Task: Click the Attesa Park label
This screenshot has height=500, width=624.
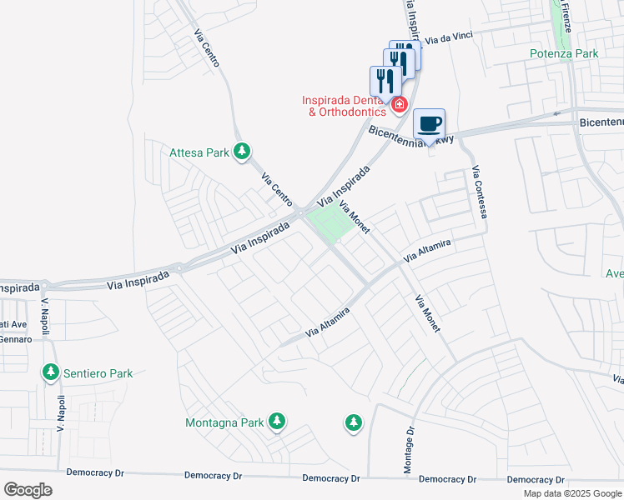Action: (199, 153)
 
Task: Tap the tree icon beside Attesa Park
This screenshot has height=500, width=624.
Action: (242, 152)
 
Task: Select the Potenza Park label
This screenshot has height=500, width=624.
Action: (564, 54)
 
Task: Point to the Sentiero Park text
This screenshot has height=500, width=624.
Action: (98, 373)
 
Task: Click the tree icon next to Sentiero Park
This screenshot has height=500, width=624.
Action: (52, 372)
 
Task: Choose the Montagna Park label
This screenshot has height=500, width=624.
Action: (224, 422)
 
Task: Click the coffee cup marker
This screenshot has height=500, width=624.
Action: (429, 124)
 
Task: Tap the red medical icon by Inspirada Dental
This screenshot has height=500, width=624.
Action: (400, 105)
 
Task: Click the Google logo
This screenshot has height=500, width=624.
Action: (28, 490)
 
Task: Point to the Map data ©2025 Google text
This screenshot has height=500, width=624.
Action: (572, 493)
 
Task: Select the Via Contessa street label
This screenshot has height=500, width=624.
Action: (479, 192)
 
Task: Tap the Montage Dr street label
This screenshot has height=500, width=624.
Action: (409, 452)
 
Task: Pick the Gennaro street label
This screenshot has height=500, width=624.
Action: (15, 340)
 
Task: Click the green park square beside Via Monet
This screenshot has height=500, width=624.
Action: (331, 223)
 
